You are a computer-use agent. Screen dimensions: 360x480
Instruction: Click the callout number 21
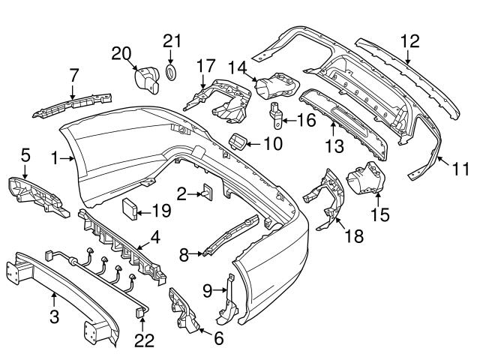coord(172,40)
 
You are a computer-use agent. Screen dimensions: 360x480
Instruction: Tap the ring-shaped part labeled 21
coord(171,73)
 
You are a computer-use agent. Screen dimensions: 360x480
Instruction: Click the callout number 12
coord(409,42)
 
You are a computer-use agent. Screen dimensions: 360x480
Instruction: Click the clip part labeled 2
coord(205,193)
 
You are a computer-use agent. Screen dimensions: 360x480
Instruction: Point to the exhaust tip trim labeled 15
coord(365,180)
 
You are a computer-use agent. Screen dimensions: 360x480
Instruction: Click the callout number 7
coord(73,75)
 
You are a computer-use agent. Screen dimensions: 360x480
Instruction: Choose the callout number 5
coord(25,156)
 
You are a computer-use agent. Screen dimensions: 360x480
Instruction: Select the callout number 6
coord(218,338)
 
